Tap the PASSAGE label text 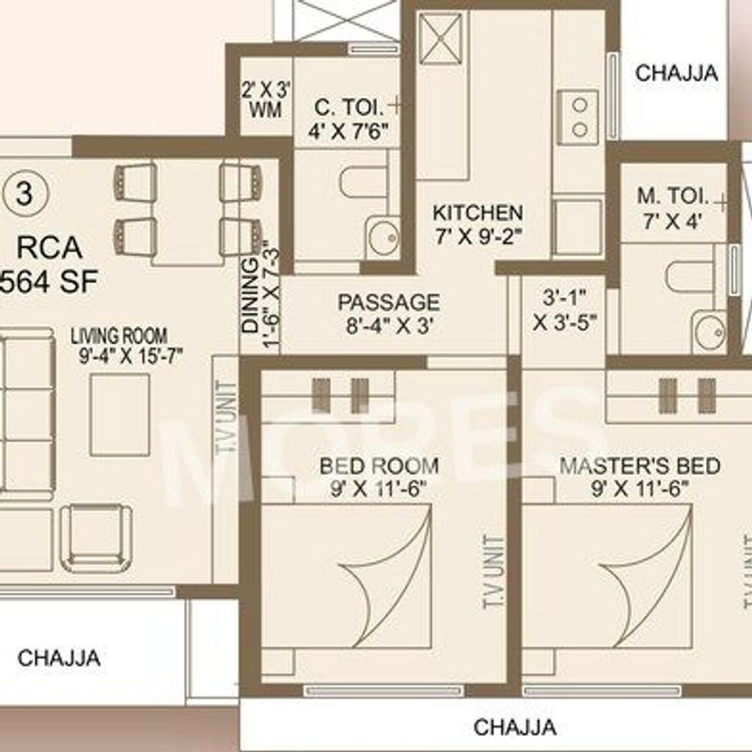[x=388, y=302]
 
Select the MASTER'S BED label [x=639, y=466]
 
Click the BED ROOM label [x=379, y=465]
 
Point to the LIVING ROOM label [x=123, y=336]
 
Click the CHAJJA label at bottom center [x=514, y=727]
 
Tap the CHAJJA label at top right [x=676, y=72]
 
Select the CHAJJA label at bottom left [x=58, y=657]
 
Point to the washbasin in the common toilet [x=383, y=237]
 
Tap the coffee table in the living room [x=119, y=415]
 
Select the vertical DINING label [x=251, y=293]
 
